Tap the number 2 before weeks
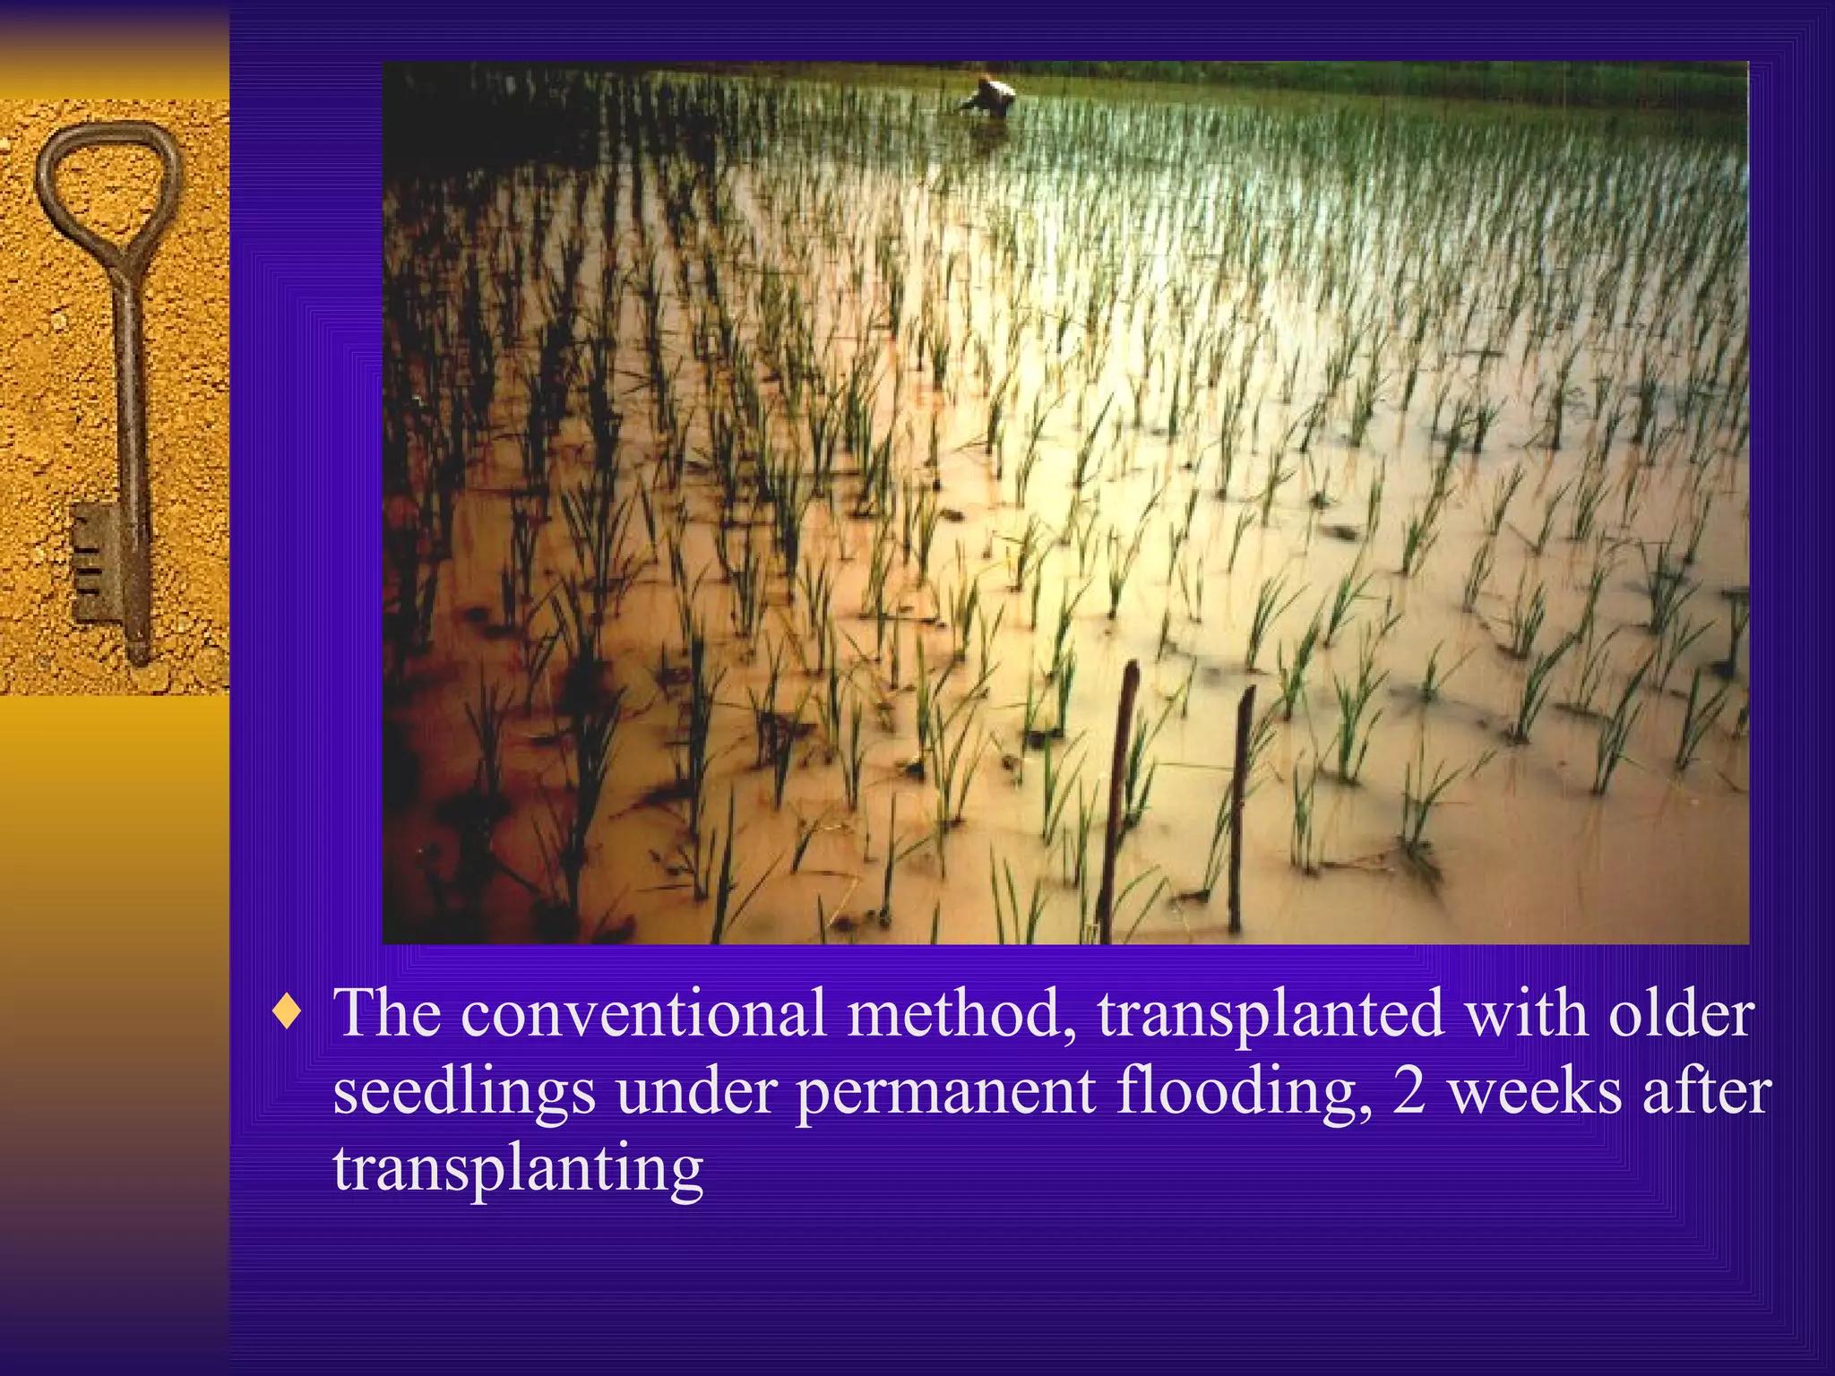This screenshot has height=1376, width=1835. [x=1409, y=1092]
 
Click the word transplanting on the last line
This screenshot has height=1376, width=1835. [x=518, y=1170]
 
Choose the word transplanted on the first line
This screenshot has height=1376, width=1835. [x=1271, y=1013]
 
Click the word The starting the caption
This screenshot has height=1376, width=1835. [x=387, y=1013]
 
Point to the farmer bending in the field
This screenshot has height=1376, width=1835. [x=992, y=97]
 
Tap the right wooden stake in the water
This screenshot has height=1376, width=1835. [x=1240, y=806]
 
